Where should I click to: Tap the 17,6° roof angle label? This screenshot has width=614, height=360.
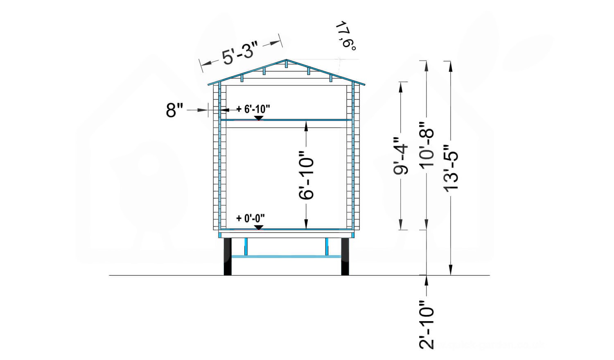point(346,36)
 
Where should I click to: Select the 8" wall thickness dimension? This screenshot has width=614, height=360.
point(174,110)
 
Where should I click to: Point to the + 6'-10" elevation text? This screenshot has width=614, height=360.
point(253,109)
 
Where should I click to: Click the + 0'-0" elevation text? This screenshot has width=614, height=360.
point(251,219)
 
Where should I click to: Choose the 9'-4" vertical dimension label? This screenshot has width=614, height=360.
point(400,156)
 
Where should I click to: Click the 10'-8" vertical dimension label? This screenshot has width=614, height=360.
point(426,145)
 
